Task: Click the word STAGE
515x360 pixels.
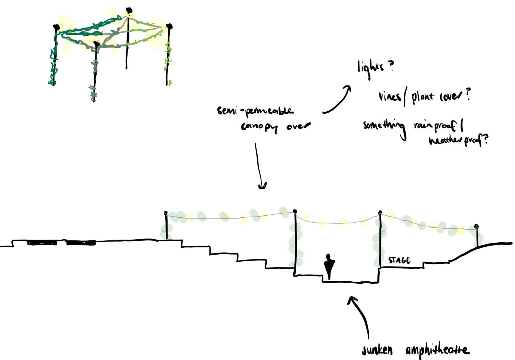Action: click(399, 260)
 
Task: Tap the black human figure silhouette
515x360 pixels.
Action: click(329, 266)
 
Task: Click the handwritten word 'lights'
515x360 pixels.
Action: click(370, 68)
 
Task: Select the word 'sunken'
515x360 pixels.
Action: click(377, 350)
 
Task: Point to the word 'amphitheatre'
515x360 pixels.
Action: click(437, 350)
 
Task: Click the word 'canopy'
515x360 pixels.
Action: click(259, 127)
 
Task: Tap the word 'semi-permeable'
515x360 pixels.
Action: click(255, 111)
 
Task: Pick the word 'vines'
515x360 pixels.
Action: click(390, 97)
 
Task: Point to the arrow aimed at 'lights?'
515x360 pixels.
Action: click(337, 100)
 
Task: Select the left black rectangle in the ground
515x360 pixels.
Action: click(42, 243)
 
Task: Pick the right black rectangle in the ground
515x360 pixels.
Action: click(81, 243)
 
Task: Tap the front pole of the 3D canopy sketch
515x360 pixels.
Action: click(95, 72)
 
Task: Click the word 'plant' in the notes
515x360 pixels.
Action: click(423, 97)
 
